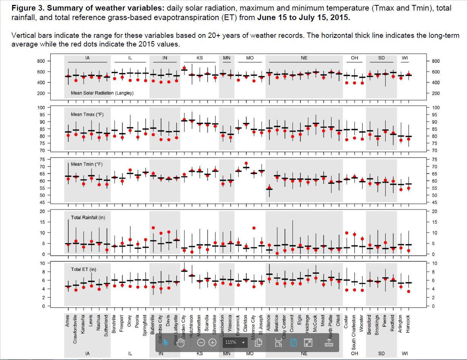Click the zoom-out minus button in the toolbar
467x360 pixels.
[x=201, y=343]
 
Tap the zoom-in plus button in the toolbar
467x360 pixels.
[x=213, y=343]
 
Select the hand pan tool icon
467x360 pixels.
[x=180, y=343]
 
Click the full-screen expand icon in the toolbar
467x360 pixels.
[x=308, y=343]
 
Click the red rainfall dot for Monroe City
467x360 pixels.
[x=254, y=228]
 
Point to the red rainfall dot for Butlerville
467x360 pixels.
[x=153, y=228]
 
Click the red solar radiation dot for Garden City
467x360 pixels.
[x=184, y=68]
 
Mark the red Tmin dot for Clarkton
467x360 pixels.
[x=246, y=163]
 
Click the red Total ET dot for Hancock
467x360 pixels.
[x=408, y=291]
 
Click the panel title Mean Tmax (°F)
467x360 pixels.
[x=87, y=114]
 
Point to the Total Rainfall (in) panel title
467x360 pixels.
[x=88, y=217]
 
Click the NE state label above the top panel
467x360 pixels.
[x=304, y=58]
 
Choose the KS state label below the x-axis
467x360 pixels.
[x=200, y=354]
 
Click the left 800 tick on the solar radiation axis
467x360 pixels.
[x=41, y=61]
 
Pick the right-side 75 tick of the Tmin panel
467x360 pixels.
[x=434, y=159]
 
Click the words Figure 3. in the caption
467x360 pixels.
[x=28, y=8]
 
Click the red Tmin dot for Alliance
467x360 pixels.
[x=269, y=188]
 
